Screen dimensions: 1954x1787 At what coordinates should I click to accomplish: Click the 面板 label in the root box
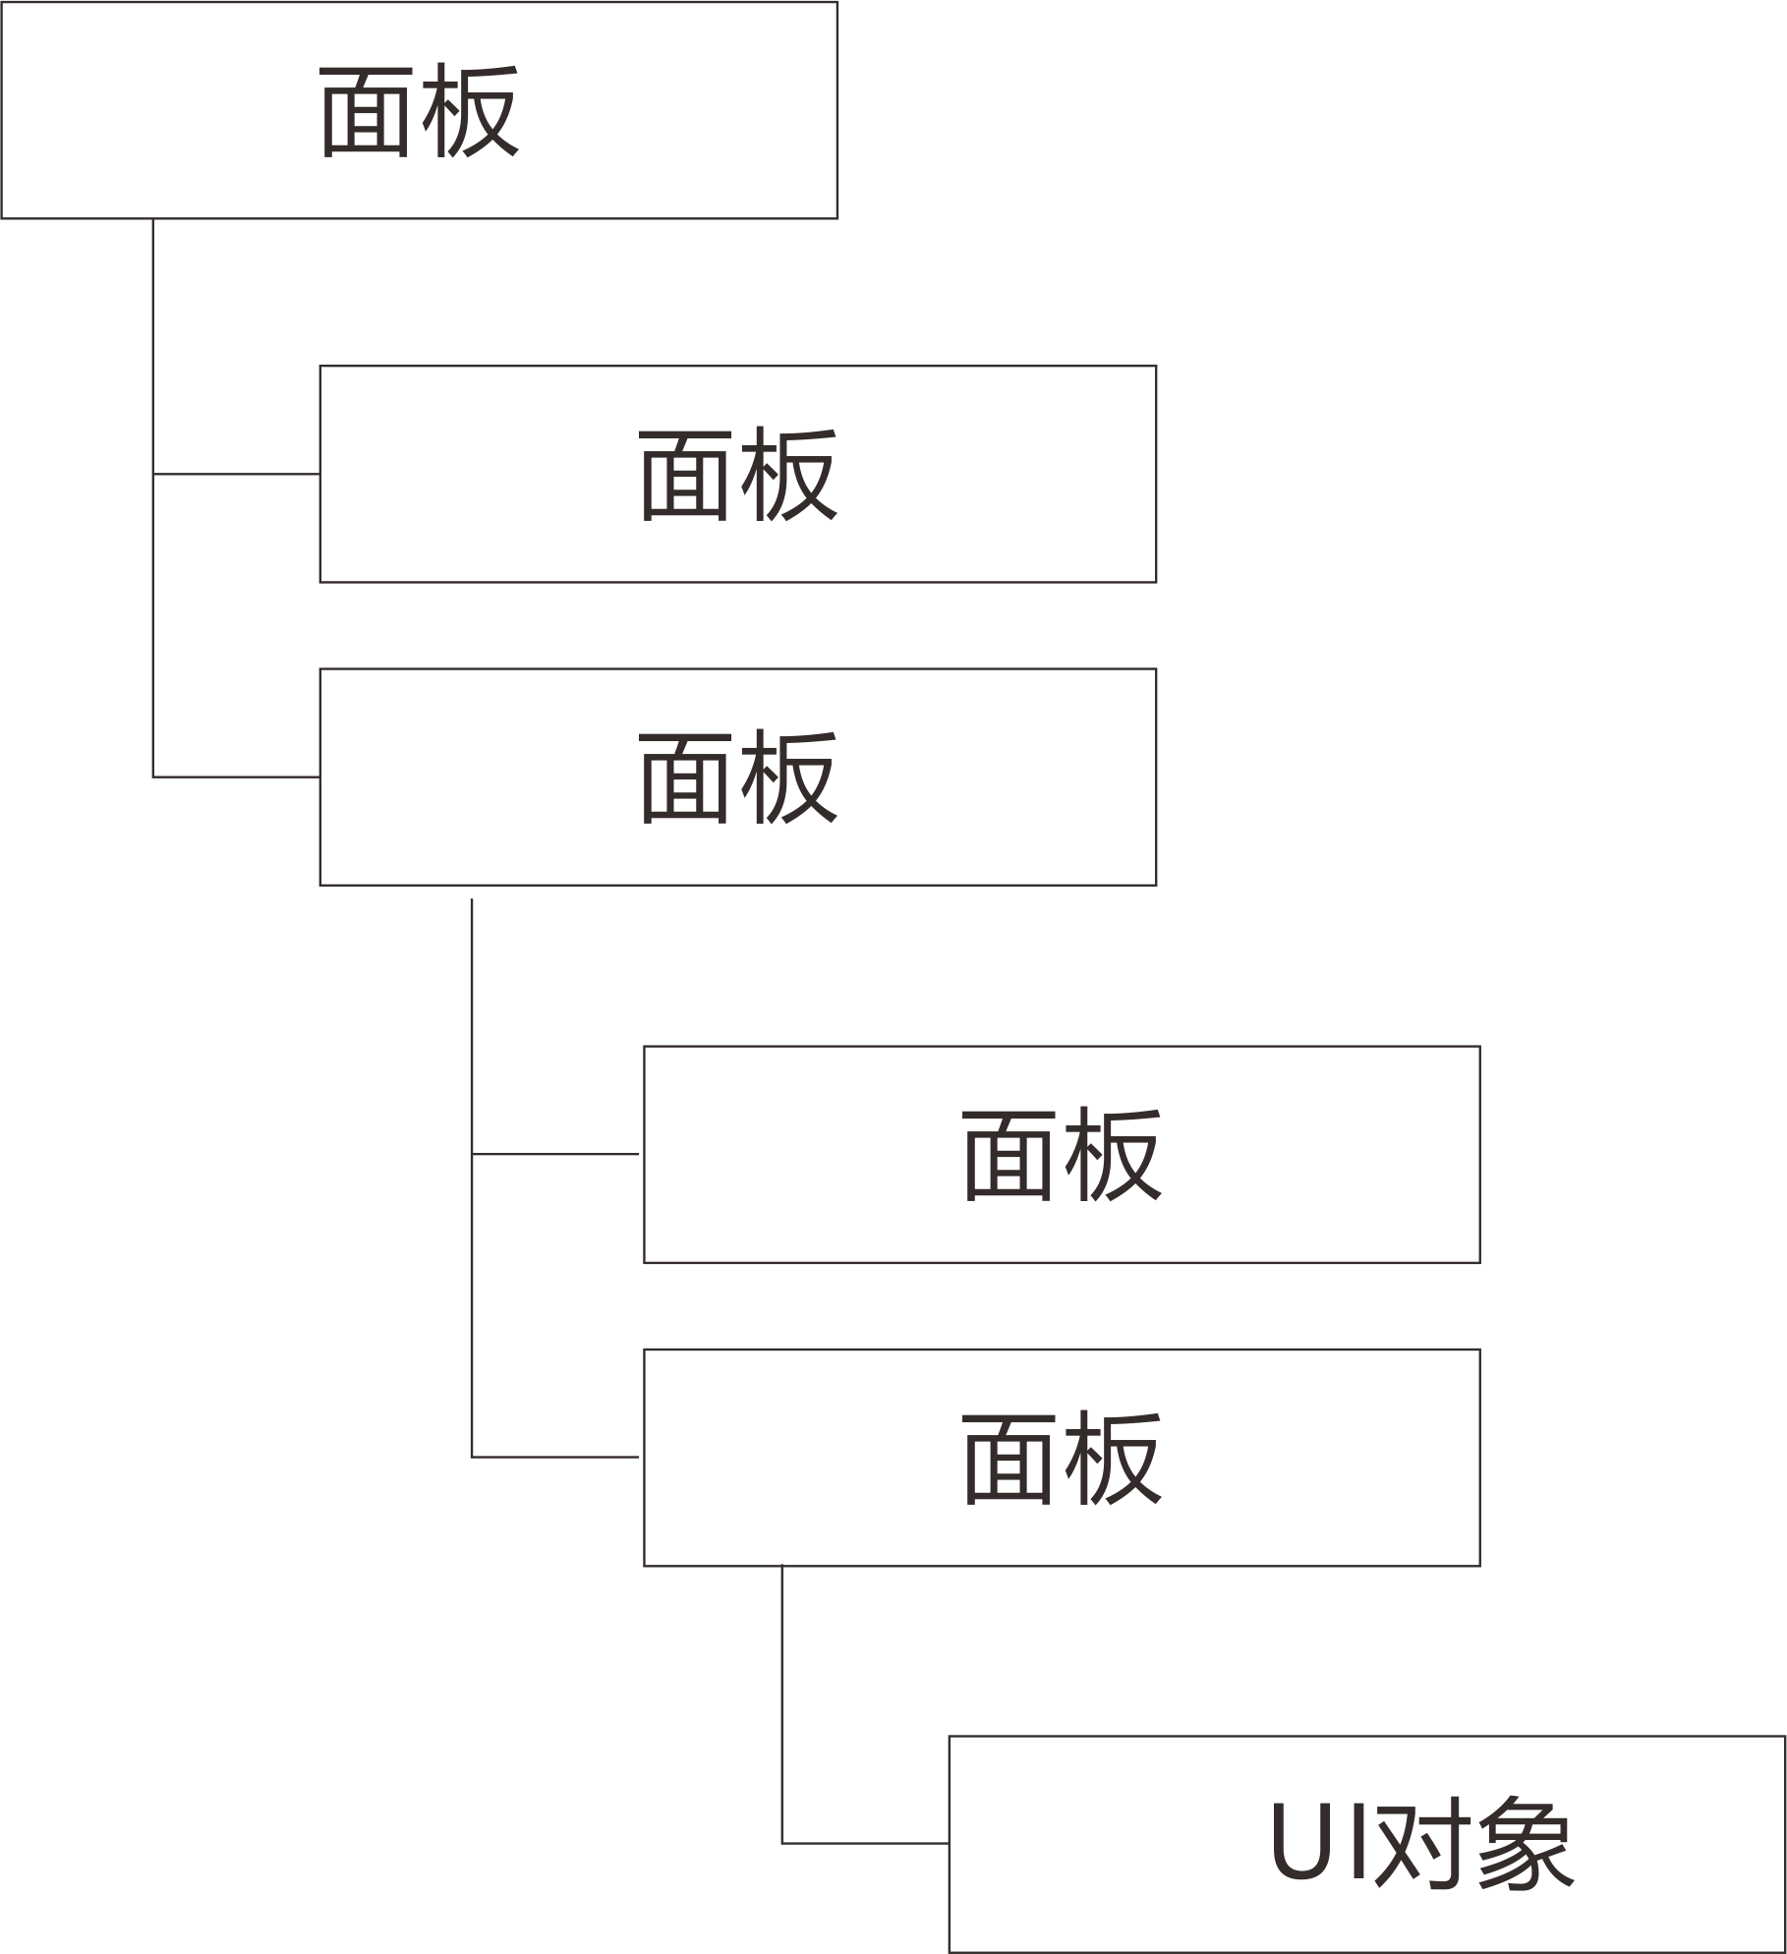tap(419, 111)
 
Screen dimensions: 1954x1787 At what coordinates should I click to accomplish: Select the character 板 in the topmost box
tap(470, 111)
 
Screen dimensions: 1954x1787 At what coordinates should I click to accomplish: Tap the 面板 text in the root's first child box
tap(737, 475)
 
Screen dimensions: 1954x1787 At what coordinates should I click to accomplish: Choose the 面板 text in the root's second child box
tap(737, 778)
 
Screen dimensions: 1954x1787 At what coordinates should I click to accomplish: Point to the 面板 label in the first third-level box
tap(1062, 1155)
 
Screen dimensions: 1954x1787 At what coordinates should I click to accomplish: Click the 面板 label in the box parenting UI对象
tap(1062, 1458)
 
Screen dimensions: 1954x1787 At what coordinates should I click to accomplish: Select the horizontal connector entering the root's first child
tap(236, 474)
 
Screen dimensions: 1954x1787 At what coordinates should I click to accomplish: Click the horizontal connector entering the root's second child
tap(236, 776)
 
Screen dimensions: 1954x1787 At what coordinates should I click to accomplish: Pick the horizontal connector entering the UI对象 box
tap(865, 1843)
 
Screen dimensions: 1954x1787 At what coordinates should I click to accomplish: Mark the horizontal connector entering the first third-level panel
tap(556, 1154)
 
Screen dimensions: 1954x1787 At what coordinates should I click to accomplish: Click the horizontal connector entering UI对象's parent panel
tap(556, 1457)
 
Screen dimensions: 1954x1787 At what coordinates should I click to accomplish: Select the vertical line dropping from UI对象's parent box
tap(781, 1700)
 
